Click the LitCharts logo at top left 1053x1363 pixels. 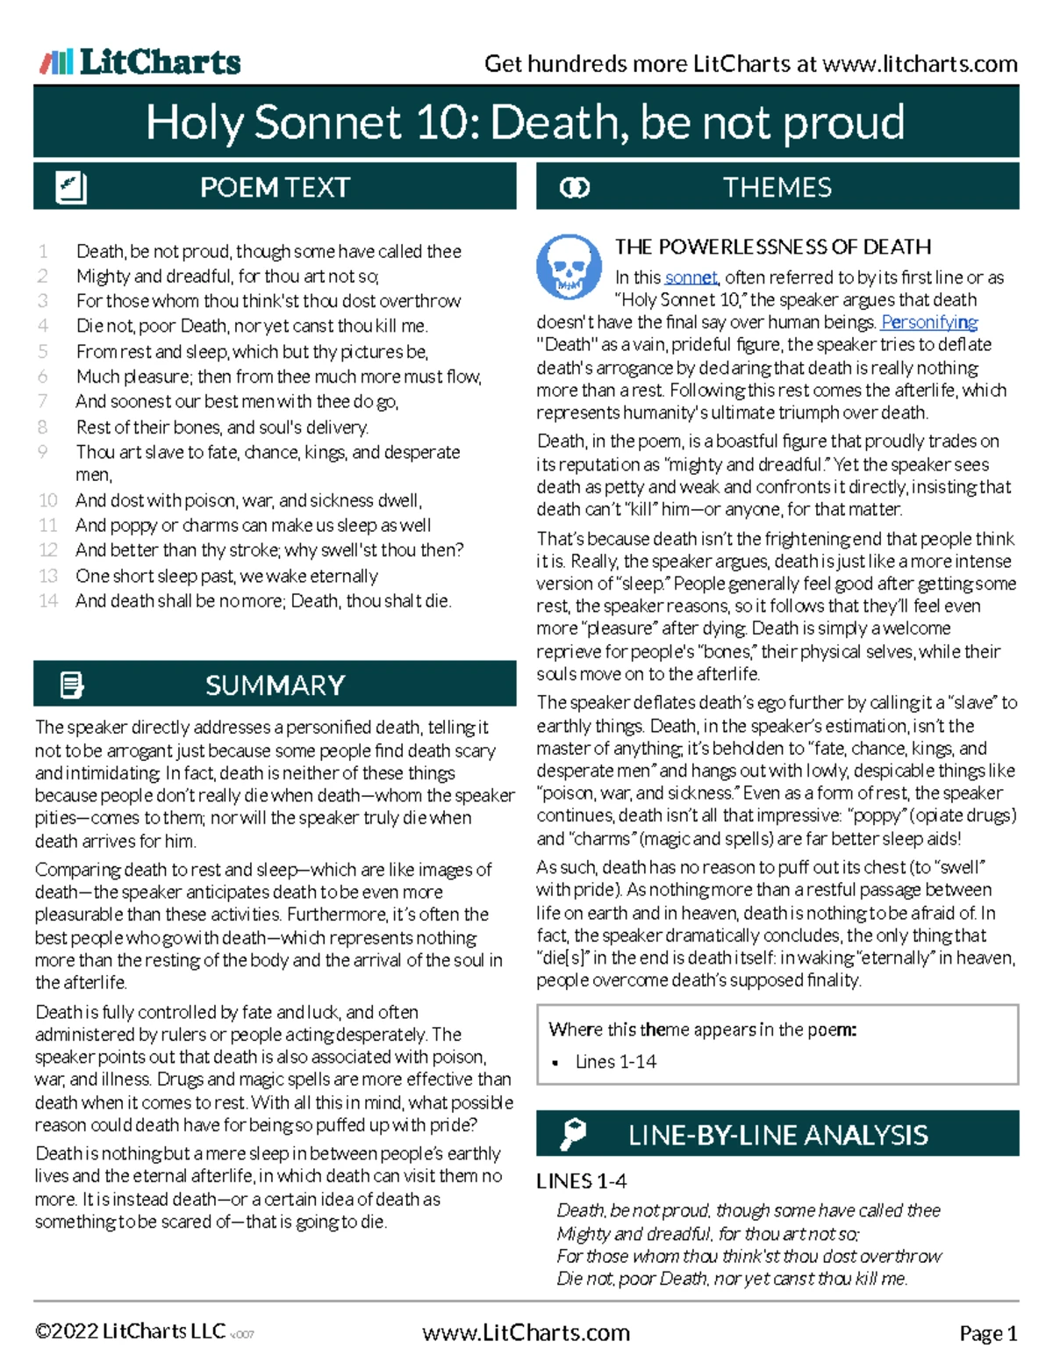(140, 61)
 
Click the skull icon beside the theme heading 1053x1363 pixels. (569, 265)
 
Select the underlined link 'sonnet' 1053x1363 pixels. (691, 277)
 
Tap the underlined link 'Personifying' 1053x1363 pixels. (929, 322)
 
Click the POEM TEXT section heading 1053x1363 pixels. (275, 187)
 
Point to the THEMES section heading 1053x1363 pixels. (777, 187)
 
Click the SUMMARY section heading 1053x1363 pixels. (275, 685)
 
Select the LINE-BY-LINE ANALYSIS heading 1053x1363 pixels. (777, 1135)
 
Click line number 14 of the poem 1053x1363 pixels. (48, 601)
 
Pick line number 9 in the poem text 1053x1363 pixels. (43, 451)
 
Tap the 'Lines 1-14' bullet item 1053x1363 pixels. (615, 1062)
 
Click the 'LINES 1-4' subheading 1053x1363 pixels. (581, 1181)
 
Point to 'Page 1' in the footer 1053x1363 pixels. (988, 1334)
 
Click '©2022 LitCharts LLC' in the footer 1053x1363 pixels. (130, 1331)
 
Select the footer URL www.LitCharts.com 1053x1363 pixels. (526, 1333)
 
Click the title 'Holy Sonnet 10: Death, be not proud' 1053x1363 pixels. (525, 122)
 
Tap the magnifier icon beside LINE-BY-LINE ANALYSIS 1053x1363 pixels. (573, 1134)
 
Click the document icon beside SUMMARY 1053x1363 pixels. (72, 685)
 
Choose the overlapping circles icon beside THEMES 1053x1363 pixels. (575, 188)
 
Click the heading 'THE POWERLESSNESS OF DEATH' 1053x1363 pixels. (772, 247)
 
